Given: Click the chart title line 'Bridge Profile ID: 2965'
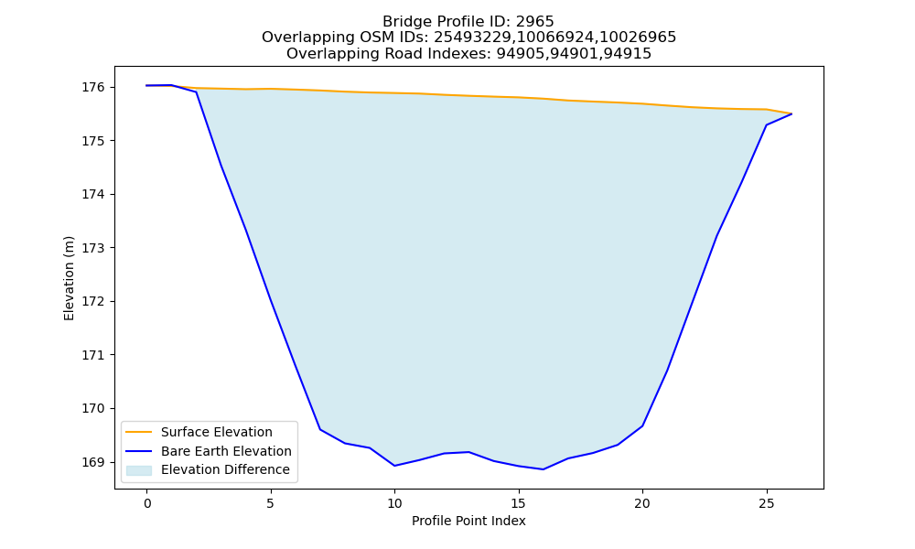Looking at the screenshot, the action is tap(468, 22).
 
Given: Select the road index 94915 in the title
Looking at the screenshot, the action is tap(630, 54).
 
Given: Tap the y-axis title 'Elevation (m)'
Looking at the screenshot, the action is tap(69, 278).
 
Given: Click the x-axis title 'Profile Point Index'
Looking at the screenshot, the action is tap(468, 521).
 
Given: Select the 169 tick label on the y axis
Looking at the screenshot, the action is tap(92, 462).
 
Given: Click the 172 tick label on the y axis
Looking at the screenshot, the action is tap(92, 302).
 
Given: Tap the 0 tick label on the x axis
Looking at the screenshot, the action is tap(147, 503).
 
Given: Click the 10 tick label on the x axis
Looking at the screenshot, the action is tap(394, 503).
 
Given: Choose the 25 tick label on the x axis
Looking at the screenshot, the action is tap(766, 503).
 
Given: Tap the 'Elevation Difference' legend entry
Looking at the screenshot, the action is tap(208, 469).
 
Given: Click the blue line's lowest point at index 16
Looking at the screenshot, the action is tap(544, 469).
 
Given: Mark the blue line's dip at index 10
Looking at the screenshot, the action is tap(394, 466).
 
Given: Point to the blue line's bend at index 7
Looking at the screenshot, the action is tap(320, 429).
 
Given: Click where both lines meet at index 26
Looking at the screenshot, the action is tap(791, 113).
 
